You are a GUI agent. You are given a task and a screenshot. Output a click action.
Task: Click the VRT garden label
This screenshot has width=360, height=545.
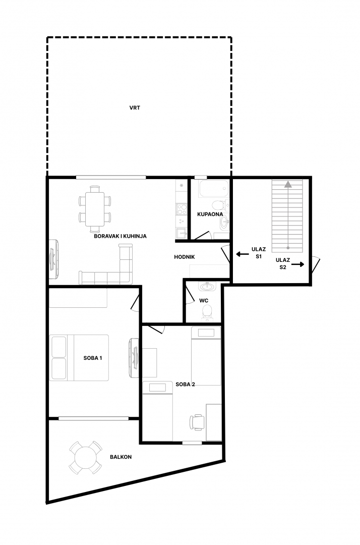point(135,108)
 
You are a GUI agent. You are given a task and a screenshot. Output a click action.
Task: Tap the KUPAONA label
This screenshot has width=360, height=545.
point(210,214)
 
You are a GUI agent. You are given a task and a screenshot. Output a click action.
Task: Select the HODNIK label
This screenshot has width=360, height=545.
point(185,257)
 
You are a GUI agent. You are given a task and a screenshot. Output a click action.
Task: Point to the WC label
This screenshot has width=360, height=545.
point(204,300)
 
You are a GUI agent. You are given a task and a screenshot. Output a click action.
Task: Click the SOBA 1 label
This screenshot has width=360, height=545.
point(93,358)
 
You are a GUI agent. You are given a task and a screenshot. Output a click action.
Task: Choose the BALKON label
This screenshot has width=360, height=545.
point(121,457)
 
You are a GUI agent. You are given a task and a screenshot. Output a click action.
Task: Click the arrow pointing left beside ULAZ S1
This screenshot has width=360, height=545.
point(243,254)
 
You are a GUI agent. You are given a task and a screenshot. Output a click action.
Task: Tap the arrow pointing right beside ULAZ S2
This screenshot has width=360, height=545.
point(297,264)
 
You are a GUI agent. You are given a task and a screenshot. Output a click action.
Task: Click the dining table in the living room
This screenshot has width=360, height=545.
point(95,209)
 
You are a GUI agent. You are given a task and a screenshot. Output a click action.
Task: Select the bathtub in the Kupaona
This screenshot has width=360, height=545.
point(214,188)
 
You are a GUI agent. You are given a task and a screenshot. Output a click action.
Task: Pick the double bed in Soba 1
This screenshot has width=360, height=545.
point(79,358)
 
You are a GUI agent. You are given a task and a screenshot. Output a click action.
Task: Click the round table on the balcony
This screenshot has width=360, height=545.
point(85,458)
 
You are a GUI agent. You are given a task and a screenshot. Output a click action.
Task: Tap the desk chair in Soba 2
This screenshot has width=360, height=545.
point(196,422)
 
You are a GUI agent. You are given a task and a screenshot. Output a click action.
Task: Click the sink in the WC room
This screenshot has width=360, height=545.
point(207,287)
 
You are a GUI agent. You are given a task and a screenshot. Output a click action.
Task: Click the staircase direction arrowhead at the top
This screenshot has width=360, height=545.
point(288,185)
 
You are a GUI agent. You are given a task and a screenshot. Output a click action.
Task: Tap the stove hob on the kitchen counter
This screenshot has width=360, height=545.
point(182,209)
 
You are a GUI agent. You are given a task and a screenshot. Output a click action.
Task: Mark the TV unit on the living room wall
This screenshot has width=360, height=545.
point(53,258)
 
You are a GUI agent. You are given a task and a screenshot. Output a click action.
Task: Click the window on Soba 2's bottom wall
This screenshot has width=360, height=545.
point(192,443)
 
